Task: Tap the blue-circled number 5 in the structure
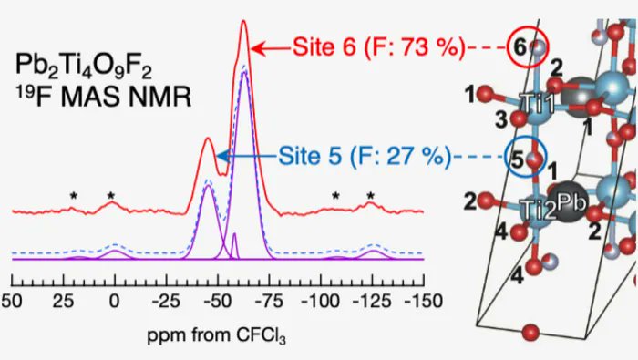(x=518, y=159)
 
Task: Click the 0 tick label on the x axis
(x=113, y=300)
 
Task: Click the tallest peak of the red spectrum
(x=242, y=23)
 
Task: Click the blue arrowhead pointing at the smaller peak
(x=221, y=157)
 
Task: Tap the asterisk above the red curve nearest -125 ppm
(x=371, y=196)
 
